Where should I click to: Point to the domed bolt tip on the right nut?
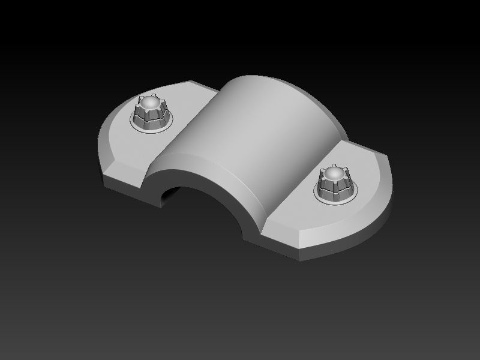point(334,175)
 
